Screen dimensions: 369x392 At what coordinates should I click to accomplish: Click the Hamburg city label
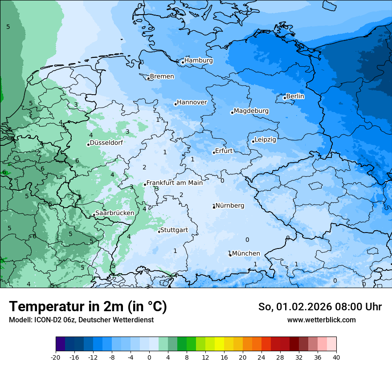(199, 60)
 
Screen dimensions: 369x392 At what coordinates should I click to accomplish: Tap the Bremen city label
(162, 76)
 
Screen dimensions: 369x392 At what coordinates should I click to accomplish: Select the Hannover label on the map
(192, 103)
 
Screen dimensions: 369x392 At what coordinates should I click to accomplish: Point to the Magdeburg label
(251, 111)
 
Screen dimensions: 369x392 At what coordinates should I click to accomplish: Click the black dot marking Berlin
(285, 98)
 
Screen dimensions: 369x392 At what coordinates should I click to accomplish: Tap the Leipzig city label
(265, 140)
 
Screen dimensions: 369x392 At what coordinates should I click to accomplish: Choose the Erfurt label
(224, 151)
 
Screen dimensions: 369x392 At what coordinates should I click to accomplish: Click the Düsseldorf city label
(106, 143)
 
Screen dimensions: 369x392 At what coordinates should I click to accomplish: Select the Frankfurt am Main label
(175, 183)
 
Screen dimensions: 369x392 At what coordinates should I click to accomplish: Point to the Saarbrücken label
(115, 213)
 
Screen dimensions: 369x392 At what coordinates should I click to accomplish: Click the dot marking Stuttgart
(159, 231)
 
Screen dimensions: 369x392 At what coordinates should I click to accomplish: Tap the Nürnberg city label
(230, 205)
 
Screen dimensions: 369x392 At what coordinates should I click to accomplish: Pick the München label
(246, 253)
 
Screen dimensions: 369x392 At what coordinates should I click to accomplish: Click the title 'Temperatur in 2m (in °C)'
(88, 306)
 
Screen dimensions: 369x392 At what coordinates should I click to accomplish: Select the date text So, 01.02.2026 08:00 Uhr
(320, 307)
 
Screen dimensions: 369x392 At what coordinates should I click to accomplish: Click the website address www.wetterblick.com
(321, 320)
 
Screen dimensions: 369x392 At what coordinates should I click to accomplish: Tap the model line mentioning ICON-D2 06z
(81, 320)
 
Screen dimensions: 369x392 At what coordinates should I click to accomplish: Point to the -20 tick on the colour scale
(56, 357)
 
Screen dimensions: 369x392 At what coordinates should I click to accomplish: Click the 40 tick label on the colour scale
(336, 357)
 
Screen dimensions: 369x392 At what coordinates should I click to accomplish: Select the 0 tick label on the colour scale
(149, 357)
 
